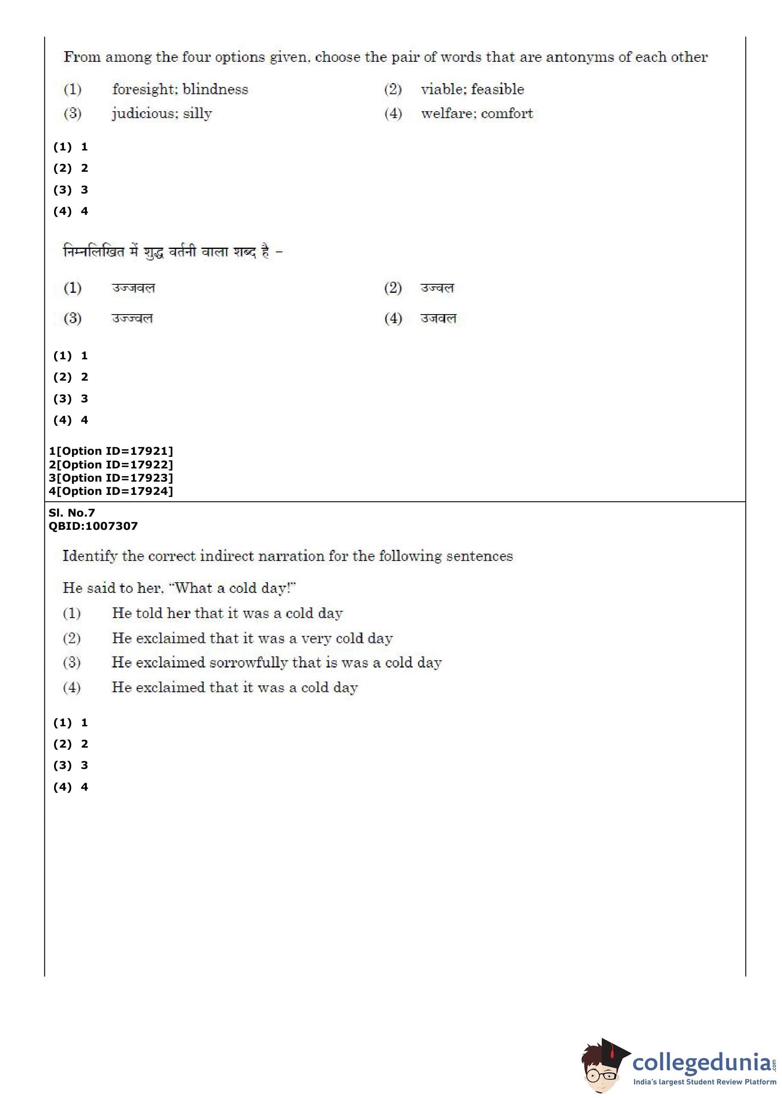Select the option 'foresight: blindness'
coord(180,89)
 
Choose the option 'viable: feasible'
coord(472,89)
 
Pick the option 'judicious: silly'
coord(162,114)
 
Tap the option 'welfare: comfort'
coord(477,114)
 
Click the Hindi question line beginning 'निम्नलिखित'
coord(172,251)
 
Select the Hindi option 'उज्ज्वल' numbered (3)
coord(132,318)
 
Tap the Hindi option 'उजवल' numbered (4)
coord(438,318)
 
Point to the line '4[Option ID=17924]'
coord(111,491)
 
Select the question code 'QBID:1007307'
coord(93,526)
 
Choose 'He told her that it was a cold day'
coord(227,613)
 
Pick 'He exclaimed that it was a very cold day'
coord(252,639)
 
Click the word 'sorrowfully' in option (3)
coord(248,662)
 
